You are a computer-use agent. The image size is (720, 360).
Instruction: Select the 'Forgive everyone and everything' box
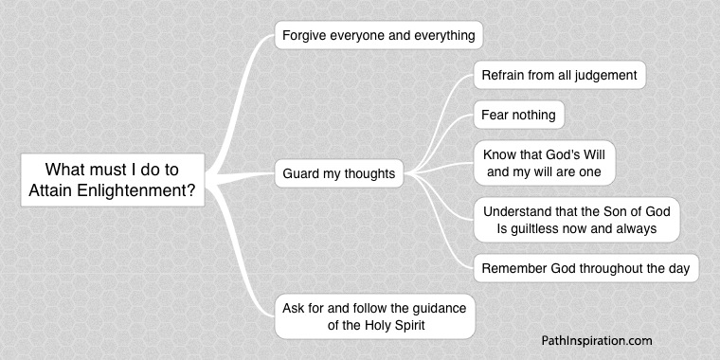379,36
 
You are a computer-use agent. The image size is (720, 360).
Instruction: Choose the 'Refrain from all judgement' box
559,74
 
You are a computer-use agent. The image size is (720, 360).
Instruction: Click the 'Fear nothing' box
519,116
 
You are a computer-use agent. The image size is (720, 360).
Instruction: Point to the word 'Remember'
513,268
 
